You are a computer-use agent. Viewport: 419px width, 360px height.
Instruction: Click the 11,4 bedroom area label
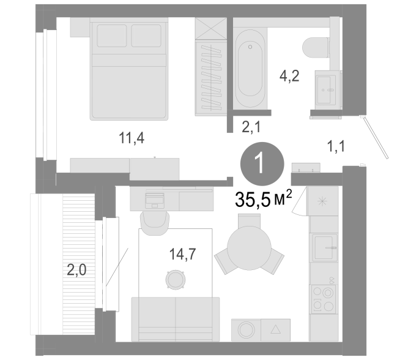(x=132, y=138)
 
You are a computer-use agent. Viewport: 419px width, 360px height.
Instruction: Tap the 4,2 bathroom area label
(x=289, y=76)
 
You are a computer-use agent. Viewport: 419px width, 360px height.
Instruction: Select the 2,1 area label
(x=251, y=127)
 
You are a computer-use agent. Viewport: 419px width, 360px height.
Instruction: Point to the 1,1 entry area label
(x=336, y=146)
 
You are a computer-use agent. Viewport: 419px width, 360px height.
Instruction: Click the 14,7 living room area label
(x=183, y=254)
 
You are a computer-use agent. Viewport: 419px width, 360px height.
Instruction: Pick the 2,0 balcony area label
(x=76, y=269)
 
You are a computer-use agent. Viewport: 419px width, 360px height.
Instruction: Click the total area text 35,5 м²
(x=263, y=199)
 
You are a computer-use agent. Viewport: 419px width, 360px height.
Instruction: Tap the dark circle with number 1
(x=262, y=163)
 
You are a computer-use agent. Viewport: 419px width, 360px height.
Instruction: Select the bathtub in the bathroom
(x=250, y=69)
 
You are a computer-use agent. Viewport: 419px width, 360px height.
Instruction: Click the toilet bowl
(x=315, y=48)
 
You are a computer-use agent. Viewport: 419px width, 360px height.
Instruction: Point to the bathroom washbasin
(x=327, y=90)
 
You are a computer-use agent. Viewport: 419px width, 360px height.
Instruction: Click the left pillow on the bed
(x=112, y=36)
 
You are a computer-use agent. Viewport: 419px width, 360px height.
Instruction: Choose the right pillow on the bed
(x=146, y=36)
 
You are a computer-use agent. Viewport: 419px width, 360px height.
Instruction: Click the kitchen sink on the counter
(x=324, y=247)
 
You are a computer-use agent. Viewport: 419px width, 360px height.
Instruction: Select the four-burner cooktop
(x=324, y=299)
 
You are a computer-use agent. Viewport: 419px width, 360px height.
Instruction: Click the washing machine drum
(x=247, y=330)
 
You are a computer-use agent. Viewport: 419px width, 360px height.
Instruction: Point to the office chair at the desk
(x=155, y=222)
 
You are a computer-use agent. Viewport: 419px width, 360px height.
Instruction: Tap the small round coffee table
(x=176, y=280)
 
